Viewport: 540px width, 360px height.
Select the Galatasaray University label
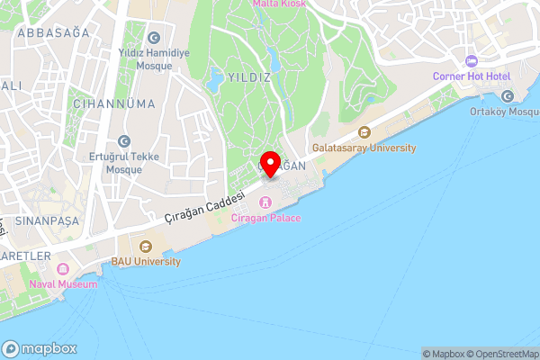(x=364, y=148)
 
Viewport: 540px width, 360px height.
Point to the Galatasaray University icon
(x=364, y=131)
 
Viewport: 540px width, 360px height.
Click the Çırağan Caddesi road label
(x=206, y=207)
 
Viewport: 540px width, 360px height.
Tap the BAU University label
(x=146, y=261)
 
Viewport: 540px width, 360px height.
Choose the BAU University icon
(x=146, y=245)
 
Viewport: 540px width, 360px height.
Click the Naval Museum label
(x=63, y=283)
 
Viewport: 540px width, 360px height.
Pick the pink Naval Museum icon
(x=63, y=268)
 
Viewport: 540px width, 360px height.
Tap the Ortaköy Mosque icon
(x=507, y=95)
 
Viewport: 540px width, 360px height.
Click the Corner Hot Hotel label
(x=471, y=76)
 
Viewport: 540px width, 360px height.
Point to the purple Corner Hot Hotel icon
(x=471, y=60)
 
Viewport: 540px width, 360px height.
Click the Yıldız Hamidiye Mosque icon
(x=153, y=37)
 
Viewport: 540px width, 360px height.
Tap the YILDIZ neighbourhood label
(x=249, y=77)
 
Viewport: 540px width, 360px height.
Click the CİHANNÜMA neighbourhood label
(x=115, y=103)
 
